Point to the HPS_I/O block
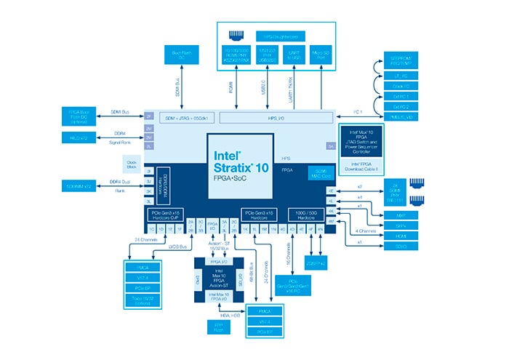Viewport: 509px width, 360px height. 275,117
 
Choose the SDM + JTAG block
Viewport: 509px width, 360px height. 179,117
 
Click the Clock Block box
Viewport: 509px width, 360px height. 132,164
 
